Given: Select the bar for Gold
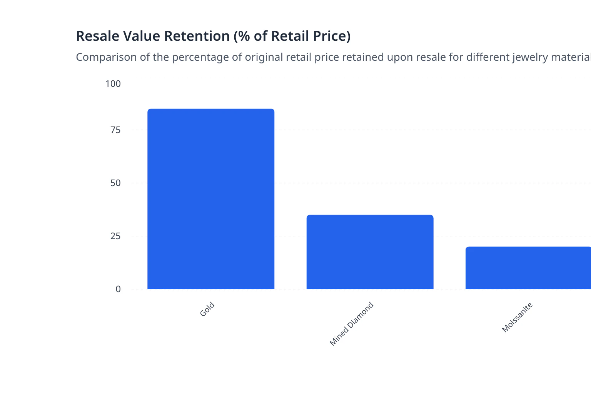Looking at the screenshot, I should (x=211, y=199).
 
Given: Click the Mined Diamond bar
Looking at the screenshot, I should (x=370, y=252).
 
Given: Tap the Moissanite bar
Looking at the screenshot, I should (x=528, y=268).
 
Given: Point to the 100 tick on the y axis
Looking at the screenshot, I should (x=113, y=84).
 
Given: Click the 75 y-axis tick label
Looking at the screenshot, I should (x=115, y=130).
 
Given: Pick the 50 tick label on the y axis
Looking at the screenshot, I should (x=115, y=183).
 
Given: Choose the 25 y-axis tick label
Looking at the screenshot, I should (x=115, y=236).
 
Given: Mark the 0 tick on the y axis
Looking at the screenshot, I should (x=118, y=289).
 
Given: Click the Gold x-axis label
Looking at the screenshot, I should (x=207, y=309).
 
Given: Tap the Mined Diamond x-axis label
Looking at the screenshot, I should (x=351, y=324).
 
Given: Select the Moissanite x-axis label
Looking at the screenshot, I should (x=517, y=317).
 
